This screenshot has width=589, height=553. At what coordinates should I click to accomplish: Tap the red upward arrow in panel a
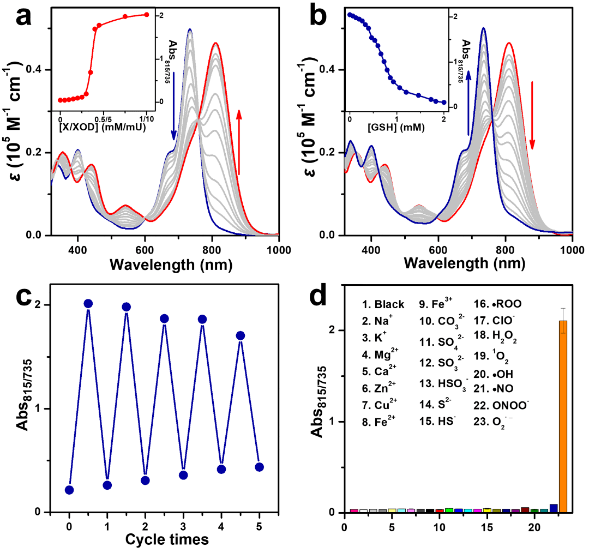point(238,142)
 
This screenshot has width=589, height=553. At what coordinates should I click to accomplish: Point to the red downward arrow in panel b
point(532,115)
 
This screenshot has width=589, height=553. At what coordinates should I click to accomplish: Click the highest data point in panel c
point(88,303)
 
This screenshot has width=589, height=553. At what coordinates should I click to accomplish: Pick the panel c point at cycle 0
point(69,490)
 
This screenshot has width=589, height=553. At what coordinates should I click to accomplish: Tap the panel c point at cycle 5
point(260,467)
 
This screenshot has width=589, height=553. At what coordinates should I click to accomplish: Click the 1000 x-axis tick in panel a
point(279,247)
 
